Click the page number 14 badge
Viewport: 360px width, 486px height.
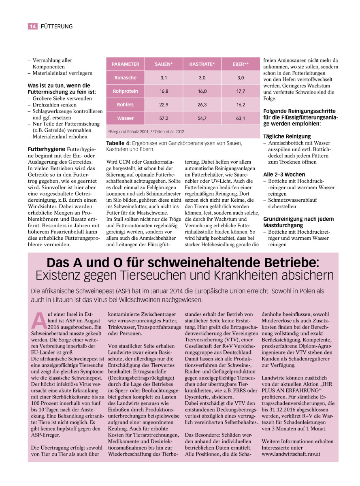coord(32,26)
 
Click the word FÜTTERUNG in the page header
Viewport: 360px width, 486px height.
coord(57,26)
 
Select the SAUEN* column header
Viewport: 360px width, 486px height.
coord(164,64)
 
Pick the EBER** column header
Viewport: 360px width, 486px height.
coord(241,64)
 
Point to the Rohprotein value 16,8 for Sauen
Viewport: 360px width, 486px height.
coord(164,91)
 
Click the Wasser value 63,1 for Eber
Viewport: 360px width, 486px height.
coord(241,118)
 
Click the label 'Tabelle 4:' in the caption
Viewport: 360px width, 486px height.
coord(117,143)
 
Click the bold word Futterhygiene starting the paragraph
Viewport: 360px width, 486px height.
coord(45,149)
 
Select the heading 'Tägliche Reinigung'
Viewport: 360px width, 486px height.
coord(287,136)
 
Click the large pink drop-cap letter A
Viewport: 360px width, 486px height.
coord(37,320)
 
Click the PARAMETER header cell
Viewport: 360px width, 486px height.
coord(125,64)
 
